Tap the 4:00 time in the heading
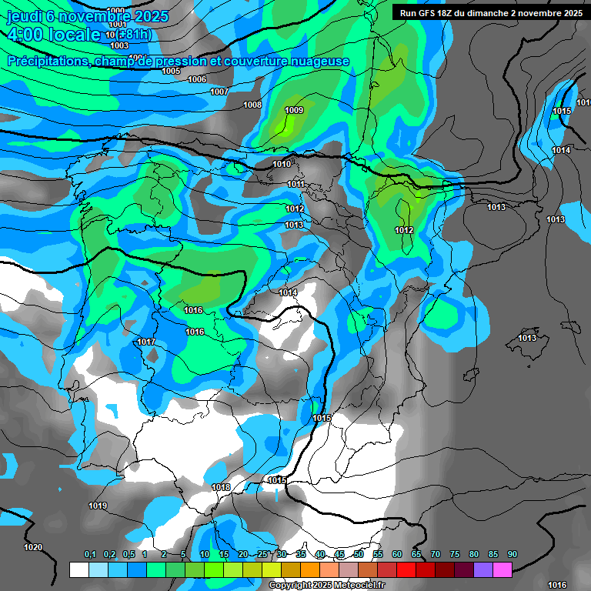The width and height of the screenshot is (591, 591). pyautogui.click(x=25, y=35)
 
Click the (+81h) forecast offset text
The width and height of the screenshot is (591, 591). pyautogui.click(x=134, y=35)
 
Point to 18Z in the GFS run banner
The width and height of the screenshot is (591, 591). pyautogui.click(x=447, y=13)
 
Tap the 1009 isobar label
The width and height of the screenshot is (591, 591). pyautogui.click(x=294, y=110)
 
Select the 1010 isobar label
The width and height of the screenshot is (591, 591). pyautogui.click(x=282, y=164)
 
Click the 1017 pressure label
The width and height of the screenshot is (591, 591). pyautogui.click(x=147, y=342)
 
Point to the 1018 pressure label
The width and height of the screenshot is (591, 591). pyautogui.click(x=221, y=487)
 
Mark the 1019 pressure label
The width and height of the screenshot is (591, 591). pyautogui.click(x=98, y=506)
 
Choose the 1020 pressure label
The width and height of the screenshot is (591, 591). pyautogui.click(x=33, y=547)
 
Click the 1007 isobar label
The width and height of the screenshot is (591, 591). pyautogui.click(x=219, y=92)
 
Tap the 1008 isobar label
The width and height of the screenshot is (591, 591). pyautogui.click(x=252, y=105)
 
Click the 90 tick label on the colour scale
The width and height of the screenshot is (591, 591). pyautogui.click(x=513, y=554)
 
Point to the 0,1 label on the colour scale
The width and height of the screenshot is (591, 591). pyautogui.click(x=90, y=554)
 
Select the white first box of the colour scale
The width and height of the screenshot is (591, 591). pyautogui.click(x=78, y=569)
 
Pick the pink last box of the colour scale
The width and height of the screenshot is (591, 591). pyautogui.click(x=503, y=569)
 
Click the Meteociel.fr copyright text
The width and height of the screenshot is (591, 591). pyautogui.click(x=326, y=585)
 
